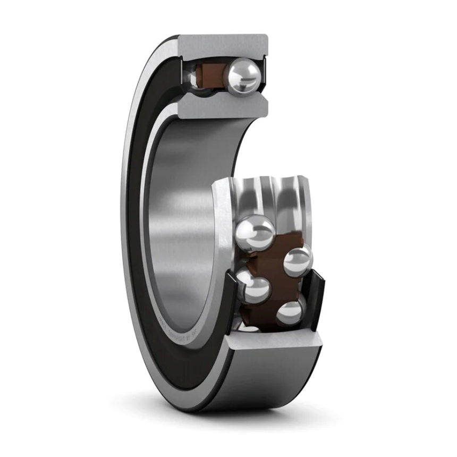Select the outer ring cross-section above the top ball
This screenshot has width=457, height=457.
[223, 45]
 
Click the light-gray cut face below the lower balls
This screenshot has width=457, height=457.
[276, 340]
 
